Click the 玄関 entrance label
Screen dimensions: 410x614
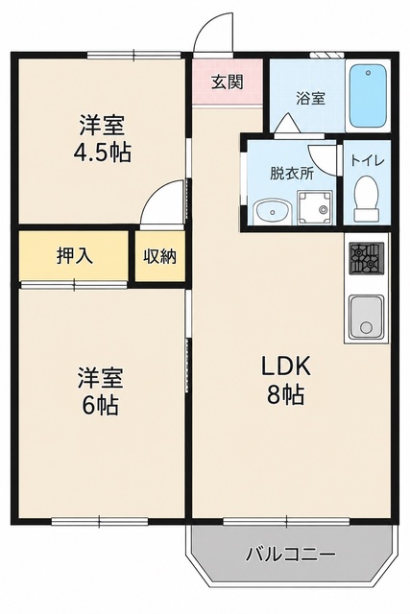[x=228, y=82]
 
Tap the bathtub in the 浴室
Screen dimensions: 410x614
[x=368, y=96]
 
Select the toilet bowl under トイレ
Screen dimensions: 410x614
[x=367, y=199]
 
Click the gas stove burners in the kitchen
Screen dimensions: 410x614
[x=367, y=258]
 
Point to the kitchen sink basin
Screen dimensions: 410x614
[x=367, y=318]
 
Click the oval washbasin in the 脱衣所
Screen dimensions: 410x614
[x=272, y=213]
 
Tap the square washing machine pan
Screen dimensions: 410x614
[x=315, y=208]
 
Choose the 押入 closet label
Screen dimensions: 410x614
[x=75, y=256]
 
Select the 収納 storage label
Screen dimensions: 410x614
[x=159, y=256]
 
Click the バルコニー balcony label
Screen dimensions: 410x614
[x=290, y=555]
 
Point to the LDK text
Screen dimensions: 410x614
[x=286, y=366]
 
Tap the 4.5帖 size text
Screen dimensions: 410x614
[x=103, y=153]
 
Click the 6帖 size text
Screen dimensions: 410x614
[x=100, y=405]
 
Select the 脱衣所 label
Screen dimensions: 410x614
[x=292, y=174]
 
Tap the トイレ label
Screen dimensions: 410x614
[x=368, y=160]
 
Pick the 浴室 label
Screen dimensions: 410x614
[x=310, y=98]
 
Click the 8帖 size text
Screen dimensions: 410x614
[x=285, y=394]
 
